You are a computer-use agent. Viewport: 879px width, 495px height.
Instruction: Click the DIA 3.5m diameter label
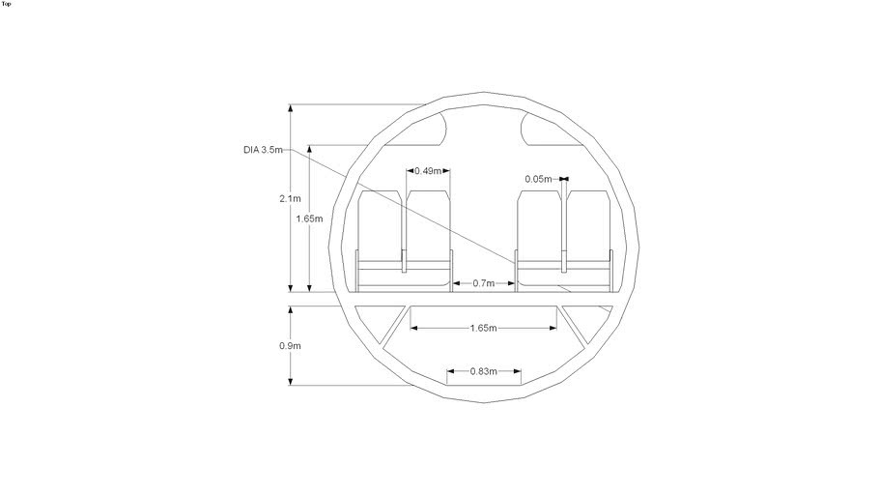point(264,150)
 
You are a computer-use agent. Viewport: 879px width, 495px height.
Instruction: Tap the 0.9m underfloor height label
point(290,346)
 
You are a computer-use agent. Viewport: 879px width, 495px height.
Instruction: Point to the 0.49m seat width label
point(427,171)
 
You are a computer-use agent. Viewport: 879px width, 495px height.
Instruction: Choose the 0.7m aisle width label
point(484,283)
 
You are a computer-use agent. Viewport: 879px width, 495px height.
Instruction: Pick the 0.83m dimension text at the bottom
point(484,371)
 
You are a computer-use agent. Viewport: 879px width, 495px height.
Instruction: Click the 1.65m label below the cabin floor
point(484,329)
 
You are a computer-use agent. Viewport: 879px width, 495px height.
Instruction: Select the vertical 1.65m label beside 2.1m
point(309,218)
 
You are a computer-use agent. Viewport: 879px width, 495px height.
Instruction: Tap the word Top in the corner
point(7,4)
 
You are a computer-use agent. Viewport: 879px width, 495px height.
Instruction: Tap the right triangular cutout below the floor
point(583,321)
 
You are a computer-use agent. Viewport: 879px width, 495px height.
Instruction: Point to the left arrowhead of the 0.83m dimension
point(450,371)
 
